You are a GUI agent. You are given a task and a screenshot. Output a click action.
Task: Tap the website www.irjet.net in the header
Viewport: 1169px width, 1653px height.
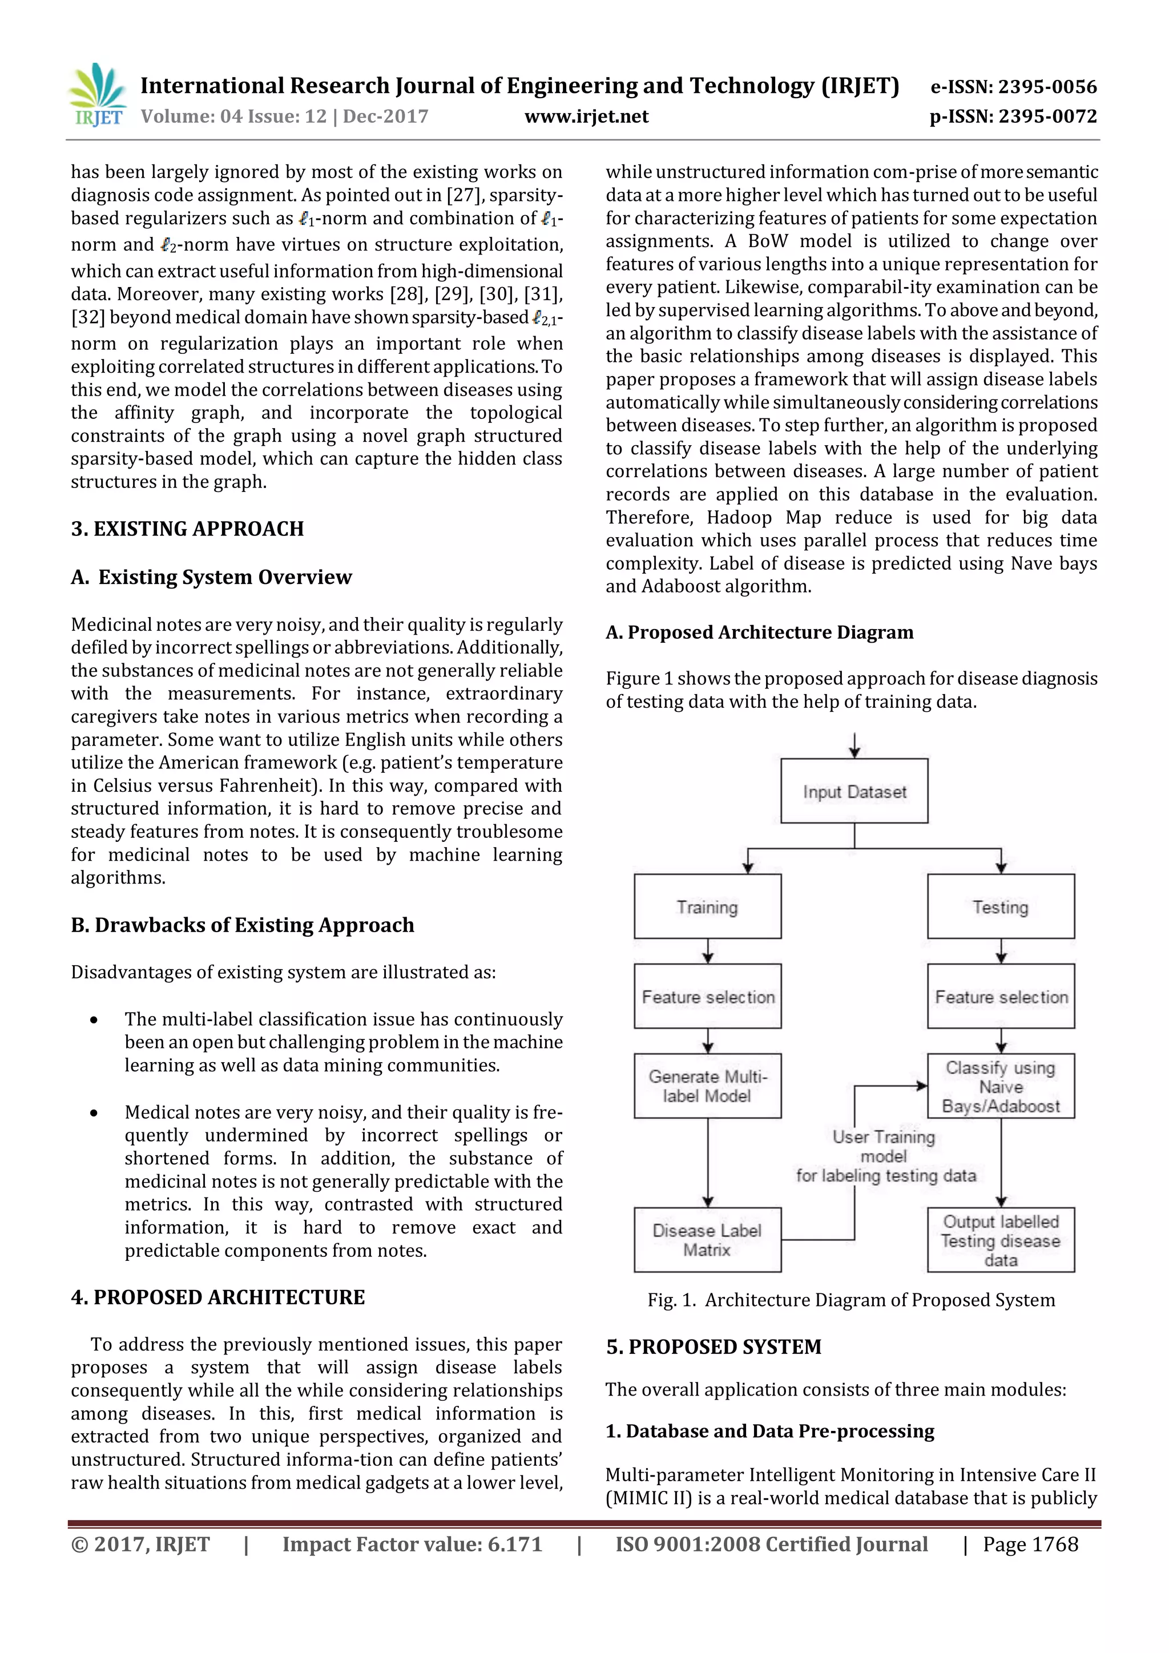[586, 116]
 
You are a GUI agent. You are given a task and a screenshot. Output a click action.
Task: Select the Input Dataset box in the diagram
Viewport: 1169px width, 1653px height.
[854, 791]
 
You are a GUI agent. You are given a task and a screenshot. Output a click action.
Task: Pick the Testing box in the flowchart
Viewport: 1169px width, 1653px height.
[1000, 906]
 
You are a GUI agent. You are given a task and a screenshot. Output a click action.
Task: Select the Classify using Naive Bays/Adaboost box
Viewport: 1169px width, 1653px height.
[1000, 1086]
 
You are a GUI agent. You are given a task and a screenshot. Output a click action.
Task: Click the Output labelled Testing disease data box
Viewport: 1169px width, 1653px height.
[1000, 1240]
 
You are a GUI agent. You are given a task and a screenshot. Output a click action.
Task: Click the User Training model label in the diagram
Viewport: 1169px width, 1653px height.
[885, 1155]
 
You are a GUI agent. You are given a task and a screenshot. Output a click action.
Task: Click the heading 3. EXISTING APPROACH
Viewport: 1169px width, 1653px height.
[187, 529]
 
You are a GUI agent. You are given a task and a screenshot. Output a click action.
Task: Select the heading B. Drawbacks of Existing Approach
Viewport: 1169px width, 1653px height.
[243, 925]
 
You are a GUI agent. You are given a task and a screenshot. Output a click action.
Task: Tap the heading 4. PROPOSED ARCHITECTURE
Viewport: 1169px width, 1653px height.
[217, 1297]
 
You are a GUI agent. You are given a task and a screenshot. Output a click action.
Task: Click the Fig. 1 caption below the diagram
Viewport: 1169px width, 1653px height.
[851, 1300]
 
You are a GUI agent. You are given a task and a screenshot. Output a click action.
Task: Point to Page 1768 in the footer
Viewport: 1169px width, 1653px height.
[1030, 1545]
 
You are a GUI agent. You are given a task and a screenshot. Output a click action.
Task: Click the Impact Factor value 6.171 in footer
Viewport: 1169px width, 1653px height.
[412, 1545]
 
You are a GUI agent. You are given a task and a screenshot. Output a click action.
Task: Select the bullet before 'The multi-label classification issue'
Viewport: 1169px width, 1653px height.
[94, 1019]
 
